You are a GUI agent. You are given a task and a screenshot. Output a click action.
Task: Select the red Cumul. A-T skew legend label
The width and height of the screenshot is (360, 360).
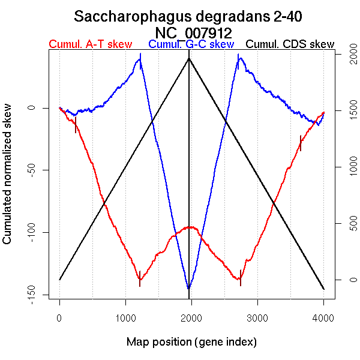click(90, 44)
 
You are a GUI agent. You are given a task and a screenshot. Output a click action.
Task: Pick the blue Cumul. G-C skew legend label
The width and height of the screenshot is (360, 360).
click(191, 44)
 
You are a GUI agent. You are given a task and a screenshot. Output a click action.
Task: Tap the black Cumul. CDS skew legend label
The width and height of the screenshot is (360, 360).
click(290, 44)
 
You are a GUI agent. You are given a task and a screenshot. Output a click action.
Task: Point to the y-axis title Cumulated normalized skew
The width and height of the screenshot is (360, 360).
click(8, 181)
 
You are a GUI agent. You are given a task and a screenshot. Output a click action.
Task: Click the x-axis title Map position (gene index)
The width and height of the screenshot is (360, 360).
click(191, 342)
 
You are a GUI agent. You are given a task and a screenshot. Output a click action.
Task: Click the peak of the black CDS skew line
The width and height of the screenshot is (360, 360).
click(190, 58)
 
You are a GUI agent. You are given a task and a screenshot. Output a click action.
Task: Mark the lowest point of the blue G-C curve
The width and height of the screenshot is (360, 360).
click(189, 289)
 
